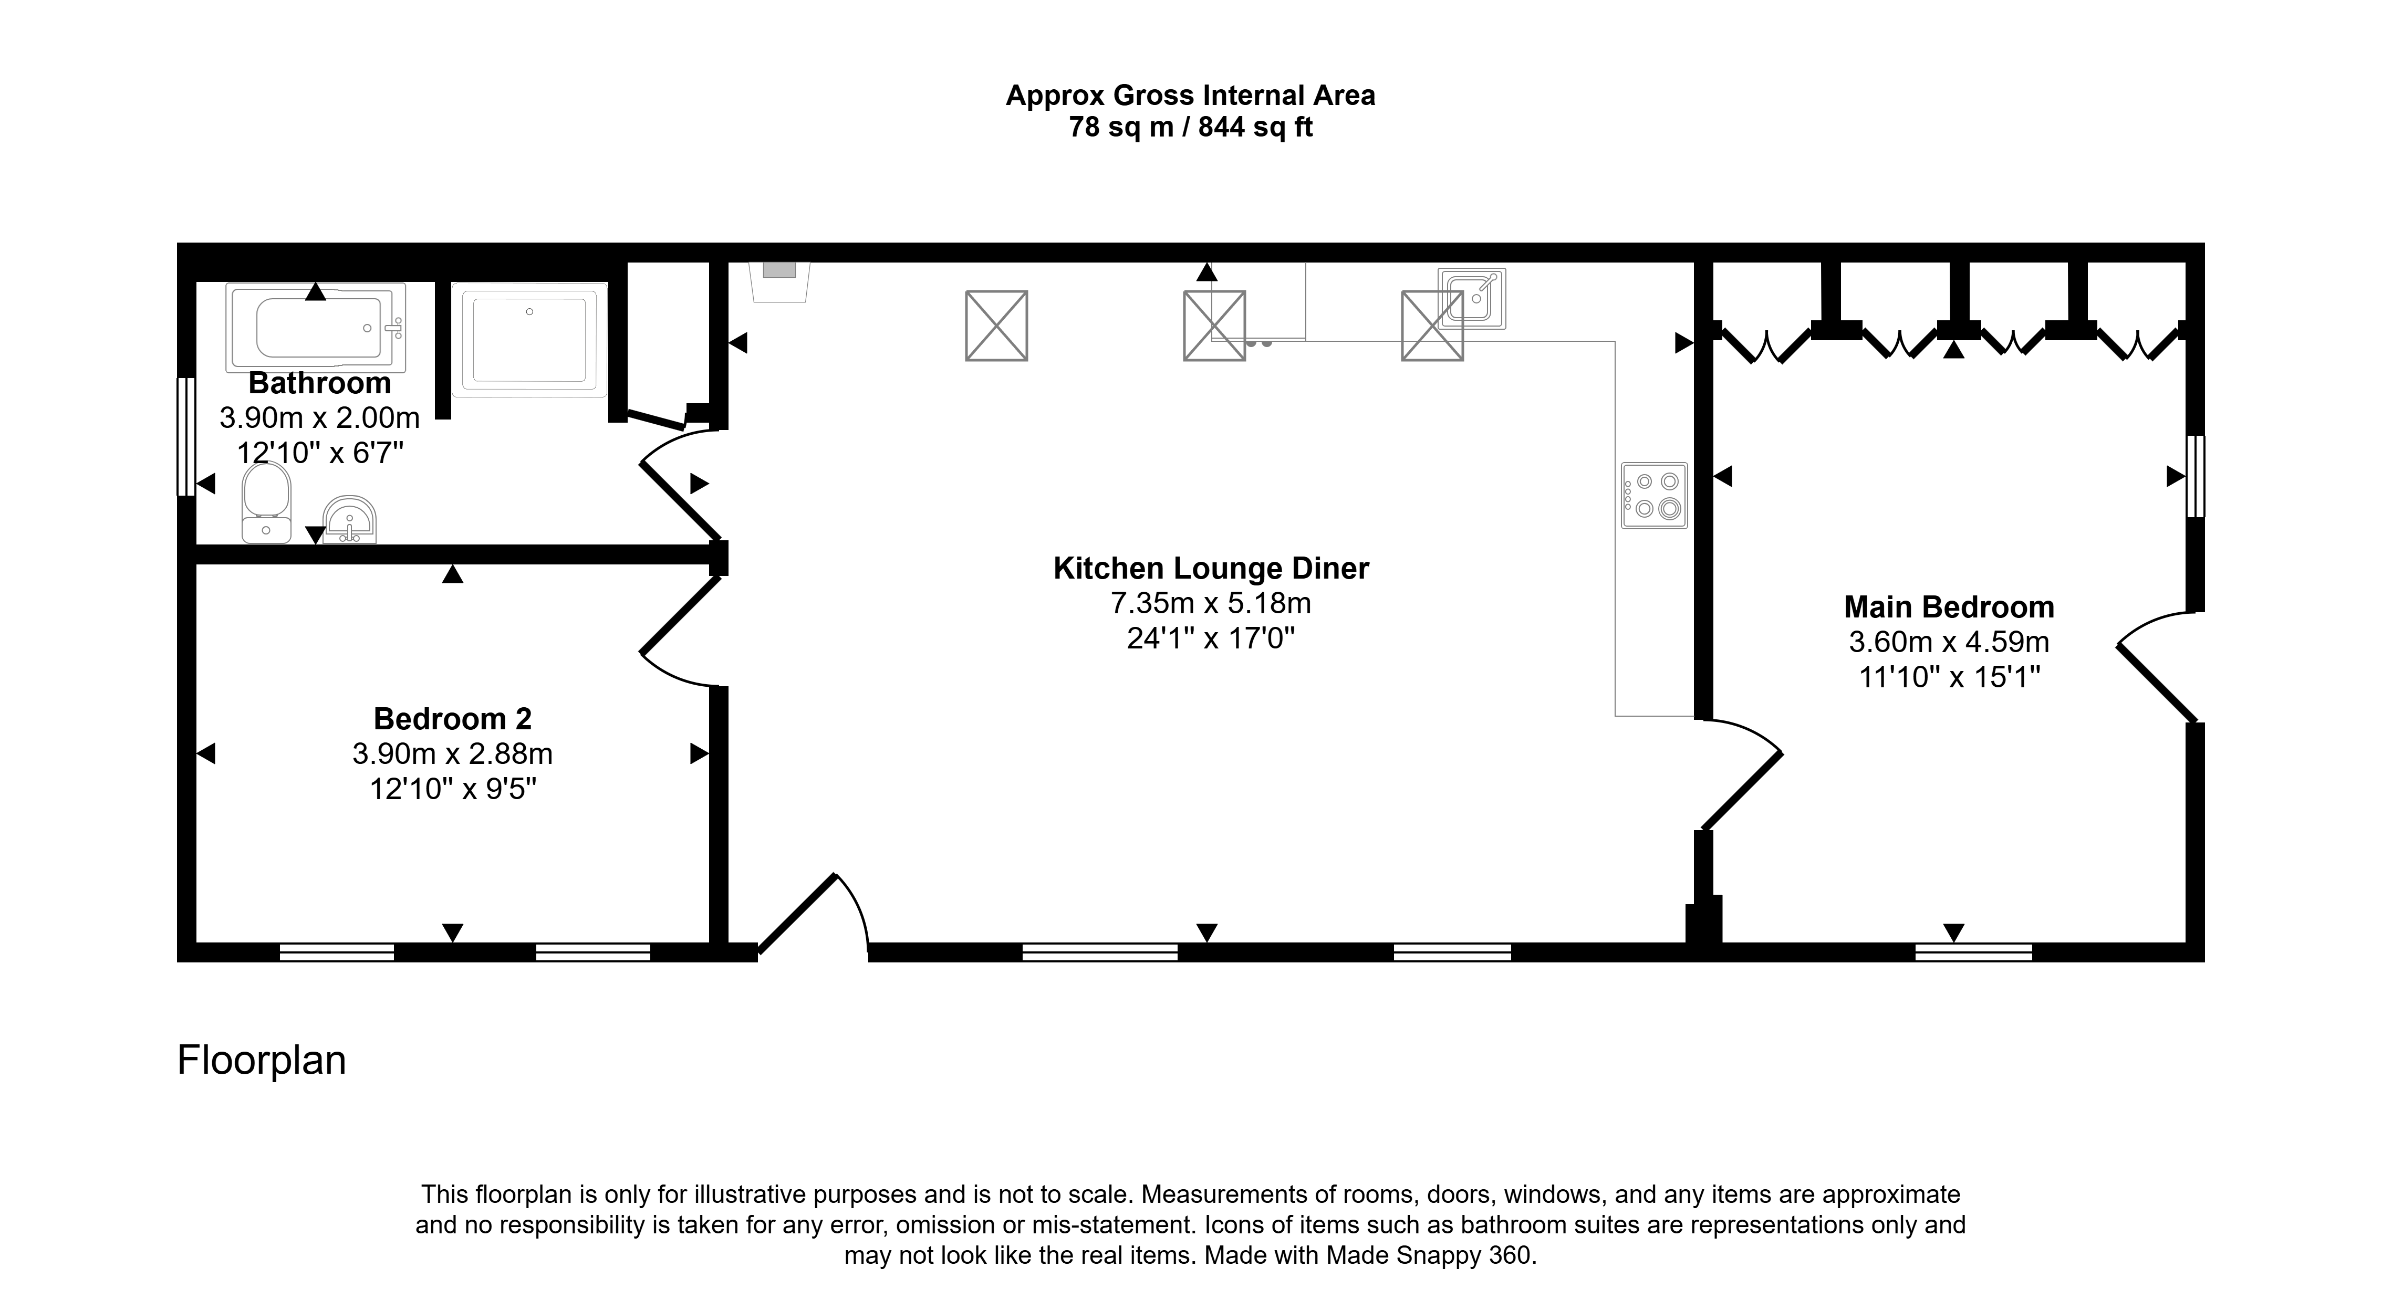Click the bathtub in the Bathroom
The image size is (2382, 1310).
315,327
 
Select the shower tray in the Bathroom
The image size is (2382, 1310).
529,339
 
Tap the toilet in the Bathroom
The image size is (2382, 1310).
266,502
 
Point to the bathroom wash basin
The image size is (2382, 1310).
349,520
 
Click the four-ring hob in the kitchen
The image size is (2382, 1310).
1655,496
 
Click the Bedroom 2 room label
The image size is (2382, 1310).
452,718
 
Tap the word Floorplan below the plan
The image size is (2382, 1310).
262,1061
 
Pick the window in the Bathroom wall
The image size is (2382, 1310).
186,436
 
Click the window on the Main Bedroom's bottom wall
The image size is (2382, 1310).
1973,952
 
